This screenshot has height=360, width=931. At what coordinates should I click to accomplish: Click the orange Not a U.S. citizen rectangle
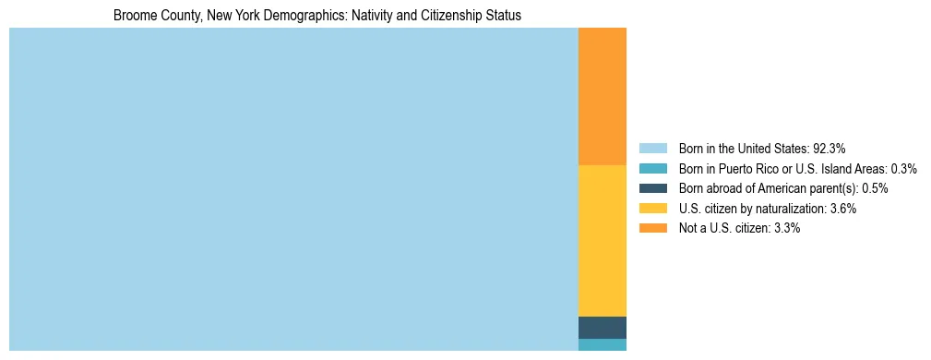602,97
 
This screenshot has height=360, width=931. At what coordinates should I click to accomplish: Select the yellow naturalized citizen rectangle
602,241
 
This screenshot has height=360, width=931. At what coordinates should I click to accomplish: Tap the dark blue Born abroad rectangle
602,328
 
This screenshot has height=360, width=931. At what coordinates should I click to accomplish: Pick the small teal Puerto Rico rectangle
602,344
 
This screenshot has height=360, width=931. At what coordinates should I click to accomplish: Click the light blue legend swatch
652,148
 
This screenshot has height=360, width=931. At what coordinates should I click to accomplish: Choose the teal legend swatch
652,168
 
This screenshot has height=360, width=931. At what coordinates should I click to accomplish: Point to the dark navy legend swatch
652,188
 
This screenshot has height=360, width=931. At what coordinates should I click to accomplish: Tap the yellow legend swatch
652,209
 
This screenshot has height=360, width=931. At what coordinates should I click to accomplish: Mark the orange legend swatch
652,228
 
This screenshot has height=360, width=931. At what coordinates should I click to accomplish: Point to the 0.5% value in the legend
875,188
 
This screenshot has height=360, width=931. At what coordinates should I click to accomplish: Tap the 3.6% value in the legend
843,209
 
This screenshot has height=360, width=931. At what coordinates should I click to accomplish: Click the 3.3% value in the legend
785,228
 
